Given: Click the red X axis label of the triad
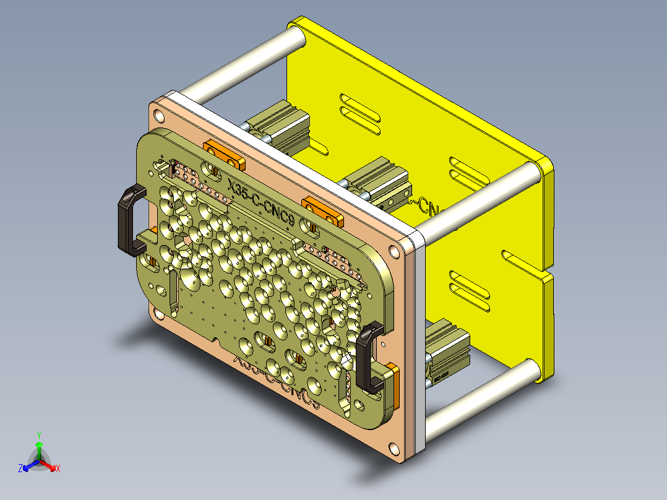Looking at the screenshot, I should click(x=58, y=468).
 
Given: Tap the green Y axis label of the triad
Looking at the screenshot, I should click(x=38, y=435).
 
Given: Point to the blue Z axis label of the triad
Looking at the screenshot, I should click(x=20, y=468).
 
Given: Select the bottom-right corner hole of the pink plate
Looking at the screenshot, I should click(x=394, y=447).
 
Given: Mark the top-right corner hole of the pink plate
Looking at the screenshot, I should click(x=394, y=251).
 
